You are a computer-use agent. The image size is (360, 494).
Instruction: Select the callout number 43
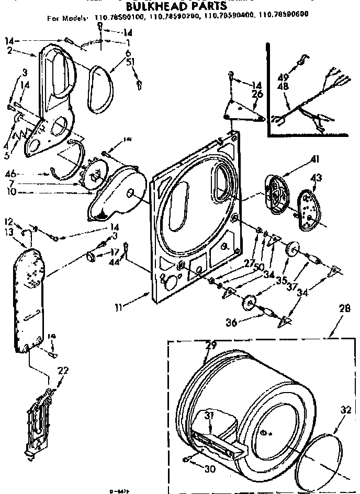[x=316, y=179]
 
